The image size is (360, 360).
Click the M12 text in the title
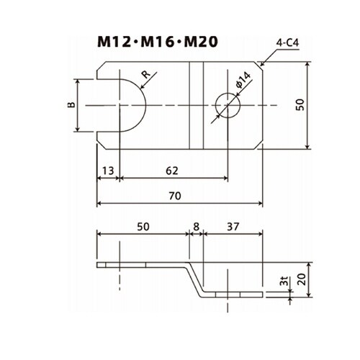click(x=114, y=42)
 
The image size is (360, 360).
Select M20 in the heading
click(x=201, y=42)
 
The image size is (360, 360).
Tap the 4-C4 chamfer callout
click(x=287, y=43)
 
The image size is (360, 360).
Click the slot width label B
click(x=71, y=105)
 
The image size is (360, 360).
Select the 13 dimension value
click(x=108, y=171)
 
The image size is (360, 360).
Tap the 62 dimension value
click(x=172, y=171)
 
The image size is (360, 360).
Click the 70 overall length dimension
click(x=175, y=196)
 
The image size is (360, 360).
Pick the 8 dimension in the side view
click(x=196, y=227)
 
